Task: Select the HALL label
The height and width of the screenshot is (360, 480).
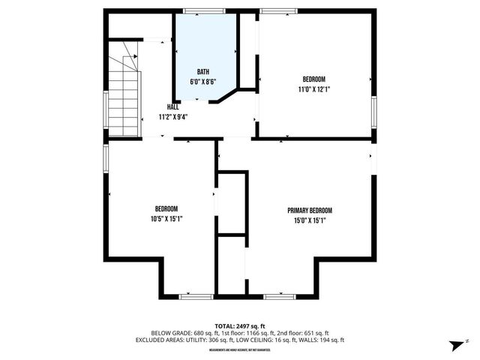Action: (172, 107)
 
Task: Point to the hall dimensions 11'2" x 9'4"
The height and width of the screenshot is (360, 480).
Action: (172, 117)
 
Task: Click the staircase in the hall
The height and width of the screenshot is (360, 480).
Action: (124, 94)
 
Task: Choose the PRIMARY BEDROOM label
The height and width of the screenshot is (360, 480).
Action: (309, 211)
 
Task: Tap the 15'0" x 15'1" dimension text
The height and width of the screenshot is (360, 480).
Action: (309, 220)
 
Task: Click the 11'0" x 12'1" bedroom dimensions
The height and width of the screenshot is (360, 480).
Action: (313, 88)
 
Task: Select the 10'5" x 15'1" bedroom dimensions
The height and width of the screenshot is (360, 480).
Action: (166, 218)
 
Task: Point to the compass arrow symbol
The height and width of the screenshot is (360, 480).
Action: (455, 345)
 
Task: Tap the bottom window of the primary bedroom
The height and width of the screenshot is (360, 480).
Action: (279, 296)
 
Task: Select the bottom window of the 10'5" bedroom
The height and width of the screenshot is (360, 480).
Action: (196, 296)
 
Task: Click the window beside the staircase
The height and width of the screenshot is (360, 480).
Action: (106, 111)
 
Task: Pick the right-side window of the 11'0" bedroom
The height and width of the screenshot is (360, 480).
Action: (373, 109)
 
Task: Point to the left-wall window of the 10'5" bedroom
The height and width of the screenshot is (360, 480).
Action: (106, 157)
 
